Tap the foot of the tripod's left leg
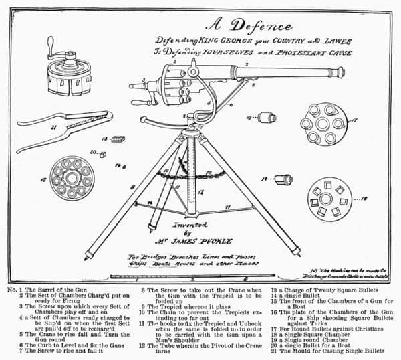[88, 256]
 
